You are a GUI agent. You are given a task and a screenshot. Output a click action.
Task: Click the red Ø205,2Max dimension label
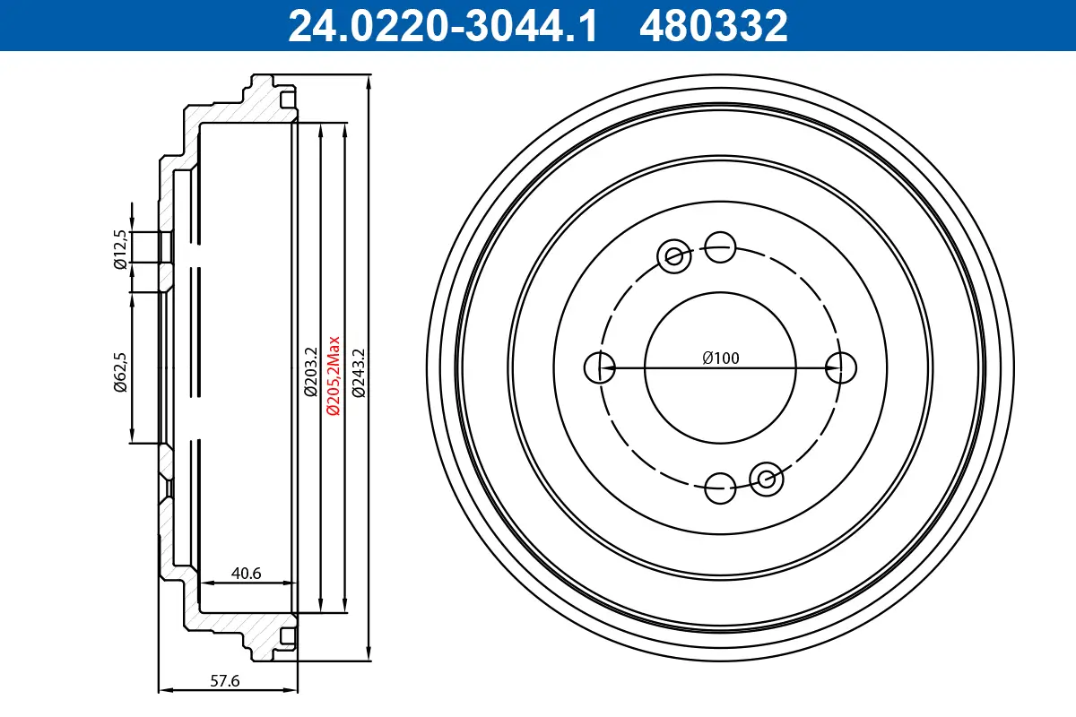click(x=333, y=375)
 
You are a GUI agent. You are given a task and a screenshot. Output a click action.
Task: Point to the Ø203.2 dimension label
click(x=309, y=371)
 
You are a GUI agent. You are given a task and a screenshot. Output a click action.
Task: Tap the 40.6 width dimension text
click(x=246, y=574)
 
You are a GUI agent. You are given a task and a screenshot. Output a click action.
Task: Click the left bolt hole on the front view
click(x=598, y=367)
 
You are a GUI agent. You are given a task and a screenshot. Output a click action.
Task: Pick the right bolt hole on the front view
click(x=841, y=367)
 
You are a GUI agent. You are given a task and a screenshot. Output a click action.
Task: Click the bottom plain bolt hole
click(x=720, y=488)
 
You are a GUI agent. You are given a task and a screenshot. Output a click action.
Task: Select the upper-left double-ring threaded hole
click(x=673, y=256)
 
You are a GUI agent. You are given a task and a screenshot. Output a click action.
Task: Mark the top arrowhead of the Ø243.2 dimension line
click(x=369, y=81)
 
